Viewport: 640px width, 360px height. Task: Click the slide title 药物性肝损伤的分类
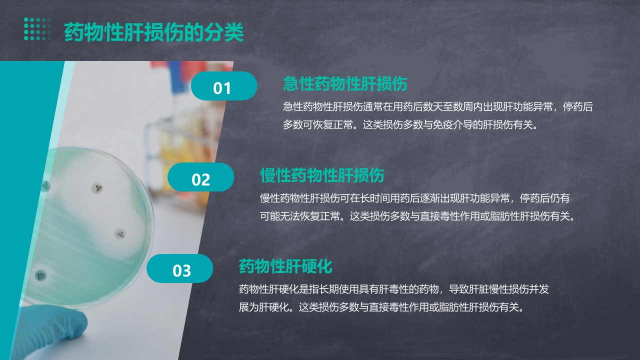pos(153,33)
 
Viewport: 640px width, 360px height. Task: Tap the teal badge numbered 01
pos(223,87)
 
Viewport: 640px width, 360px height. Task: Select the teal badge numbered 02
pos(200,178)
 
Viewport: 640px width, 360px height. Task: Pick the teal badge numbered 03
pos(180,269)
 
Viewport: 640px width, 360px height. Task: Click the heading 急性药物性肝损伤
pos(345,83)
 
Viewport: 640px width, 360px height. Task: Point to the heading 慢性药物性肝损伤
pos(322,175)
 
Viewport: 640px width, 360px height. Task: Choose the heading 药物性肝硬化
pos(285,266)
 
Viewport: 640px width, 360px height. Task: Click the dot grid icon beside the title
pos(37,28)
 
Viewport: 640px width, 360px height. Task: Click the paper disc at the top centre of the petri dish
pos(97,188)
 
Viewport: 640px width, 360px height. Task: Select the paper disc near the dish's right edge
pos(120,233)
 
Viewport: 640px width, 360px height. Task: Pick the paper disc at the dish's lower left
pos(40,274)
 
